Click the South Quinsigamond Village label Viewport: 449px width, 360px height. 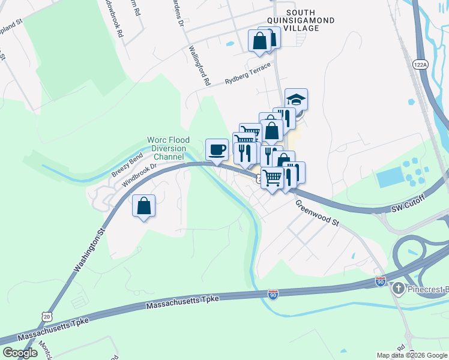pyautogui.click(x=309, y=20)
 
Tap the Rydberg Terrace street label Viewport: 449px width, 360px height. pyautogui.click(x=247, y=73)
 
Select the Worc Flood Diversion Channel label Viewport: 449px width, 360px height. pyautogui.click(x=169, y=148)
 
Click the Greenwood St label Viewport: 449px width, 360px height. pyautogui.click(x=317, y=212)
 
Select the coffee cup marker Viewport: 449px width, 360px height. pyautogui.click(x=216, y=149)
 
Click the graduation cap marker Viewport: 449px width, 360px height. pyautogui.click(x=296, y=99)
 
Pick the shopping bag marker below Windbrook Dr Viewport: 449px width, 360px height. pyautogui.click(x=144, y=206)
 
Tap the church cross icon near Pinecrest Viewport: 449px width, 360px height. pyautogui.click(x=397, y=289)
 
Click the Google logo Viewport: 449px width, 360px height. pyautogui.click(x=20, y=352)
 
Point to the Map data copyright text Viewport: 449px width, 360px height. pyautogui.click(x=411, y=355)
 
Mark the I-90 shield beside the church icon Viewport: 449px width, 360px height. pyautogui.click(x=381, y=281)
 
